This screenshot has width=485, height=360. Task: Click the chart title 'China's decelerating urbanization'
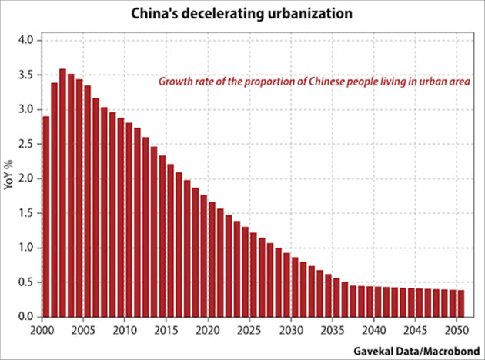pos(242,14)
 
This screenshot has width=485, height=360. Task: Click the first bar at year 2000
pos(46,216)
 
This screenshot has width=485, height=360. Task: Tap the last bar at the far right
pos(460,303)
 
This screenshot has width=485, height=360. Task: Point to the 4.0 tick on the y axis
pos(27,40)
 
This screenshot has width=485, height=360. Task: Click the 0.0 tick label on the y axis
pos(27,317)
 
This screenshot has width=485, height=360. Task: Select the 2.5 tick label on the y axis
pos(27,144)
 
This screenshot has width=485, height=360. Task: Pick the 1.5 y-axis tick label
pos(27,213)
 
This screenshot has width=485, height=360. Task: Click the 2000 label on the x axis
pos(42,329)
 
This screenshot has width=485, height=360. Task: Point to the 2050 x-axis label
pos(457,329)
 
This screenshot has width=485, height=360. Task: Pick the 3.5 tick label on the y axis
pos(27,75)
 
